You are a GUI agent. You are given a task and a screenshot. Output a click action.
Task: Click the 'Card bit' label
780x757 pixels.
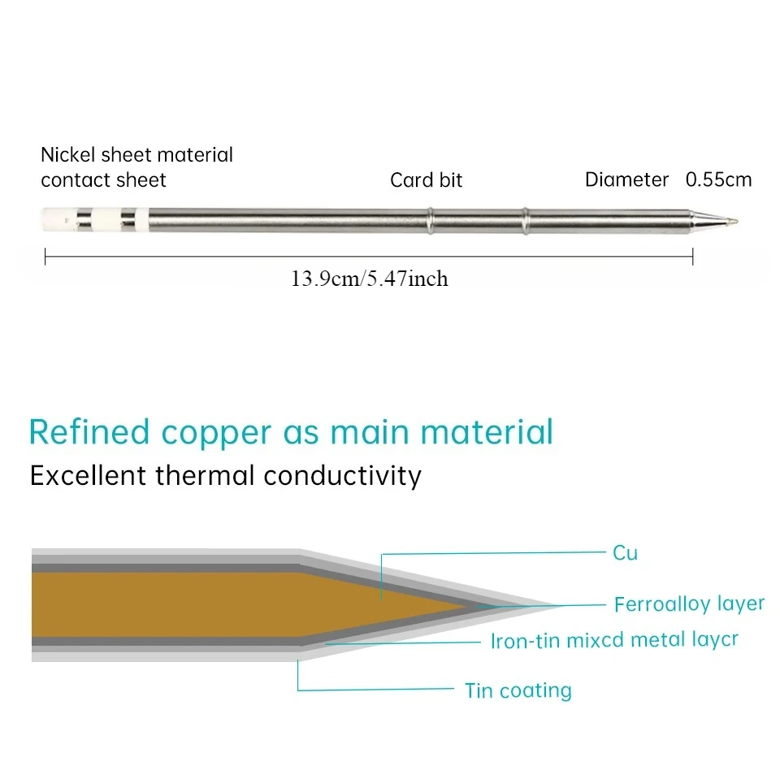click(427, 180)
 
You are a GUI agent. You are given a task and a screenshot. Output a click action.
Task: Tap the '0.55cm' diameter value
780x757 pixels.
click(718, 180)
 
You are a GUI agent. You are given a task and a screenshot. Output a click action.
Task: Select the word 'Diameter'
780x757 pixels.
click(626, 180)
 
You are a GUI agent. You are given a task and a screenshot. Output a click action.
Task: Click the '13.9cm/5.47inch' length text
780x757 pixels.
click(369, 279)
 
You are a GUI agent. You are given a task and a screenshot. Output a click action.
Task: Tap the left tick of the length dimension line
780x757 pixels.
click(45, 257)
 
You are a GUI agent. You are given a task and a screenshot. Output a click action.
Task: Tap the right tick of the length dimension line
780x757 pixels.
click(692, 257)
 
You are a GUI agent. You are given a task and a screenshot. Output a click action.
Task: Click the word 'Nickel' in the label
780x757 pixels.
click(68, 154)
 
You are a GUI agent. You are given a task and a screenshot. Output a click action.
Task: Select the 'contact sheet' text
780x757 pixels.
click(103, 180)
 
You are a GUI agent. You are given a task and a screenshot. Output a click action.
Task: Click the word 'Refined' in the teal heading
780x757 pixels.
click(89, 432)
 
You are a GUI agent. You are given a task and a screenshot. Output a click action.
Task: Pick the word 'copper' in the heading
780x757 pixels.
click(216, 435)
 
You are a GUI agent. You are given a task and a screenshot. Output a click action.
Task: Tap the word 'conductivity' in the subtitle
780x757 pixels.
click(342, 475)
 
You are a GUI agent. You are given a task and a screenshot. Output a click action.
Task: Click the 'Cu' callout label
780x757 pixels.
click(625, 553)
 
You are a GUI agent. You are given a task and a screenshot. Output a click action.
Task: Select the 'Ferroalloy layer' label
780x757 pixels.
click(689, 603)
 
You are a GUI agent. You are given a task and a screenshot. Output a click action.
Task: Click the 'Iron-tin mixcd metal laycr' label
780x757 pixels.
click(614, 641)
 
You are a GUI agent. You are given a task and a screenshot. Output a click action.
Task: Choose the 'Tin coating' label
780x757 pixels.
click(518, 690)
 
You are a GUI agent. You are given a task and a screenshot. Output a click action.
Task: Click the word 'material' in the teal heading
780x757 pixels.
click(487, 432)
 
